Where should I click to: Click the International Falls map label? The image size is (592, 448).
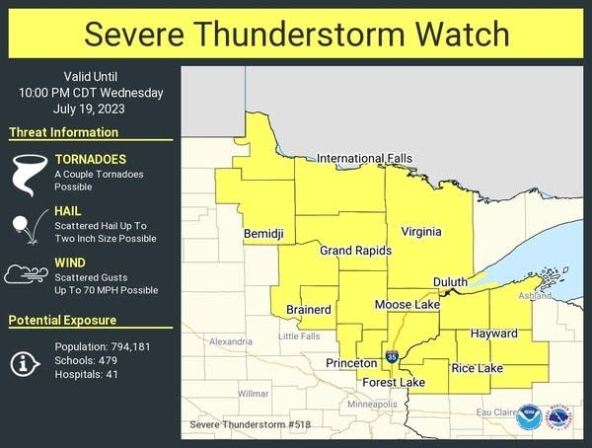pyautogui.click(x=364, y=158)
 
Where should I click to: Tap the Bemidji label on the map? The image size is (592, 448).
pyautogui.click(x=263, y=234)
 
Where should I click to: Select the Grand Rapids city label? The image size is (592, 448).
pyautogui.click(x=355, y=252)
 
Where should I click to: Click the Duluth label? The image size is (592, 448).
pyautogui.click(x=450, y=282)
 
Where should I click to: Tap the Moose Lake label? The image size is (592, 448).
pyautogui.click(x=407, y=306)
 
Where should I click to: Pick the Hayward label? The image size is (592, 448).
pyautogui.click(x=493, y=334)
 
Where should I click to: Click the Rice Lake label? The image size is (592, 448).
pyautogui.click(x=477, y=369)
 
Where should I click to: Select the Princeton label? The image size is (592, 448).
pyautogui.click(x=352, y=364)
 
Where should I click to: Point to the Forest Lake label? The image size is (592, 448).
pyautogui.click(x=393, y=382)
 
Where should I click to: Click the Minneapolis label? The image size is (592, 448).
pyautogui.click(x=371, y=405)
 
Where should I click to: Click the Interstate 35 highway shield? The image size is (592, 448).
pyautogui.click(x=392, y=356)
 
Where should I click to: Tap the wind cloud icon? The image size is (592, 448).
pyautogui.click(x=26, y=273)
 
